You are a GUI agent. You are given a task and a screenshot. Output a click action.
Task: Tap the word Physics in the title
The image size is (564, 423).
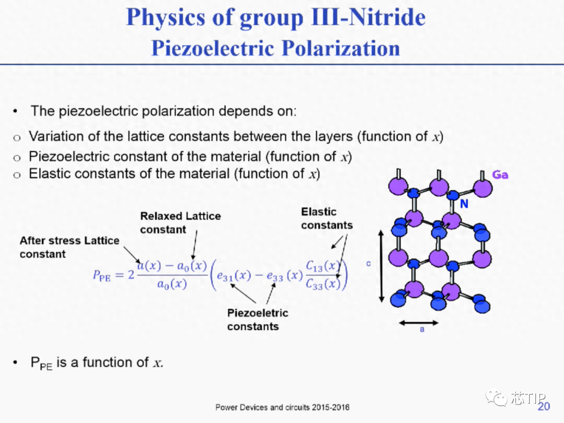click(166, 17)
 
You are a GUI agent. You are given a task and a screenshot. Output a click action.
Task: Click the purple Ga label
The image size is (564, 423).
click(500, 175)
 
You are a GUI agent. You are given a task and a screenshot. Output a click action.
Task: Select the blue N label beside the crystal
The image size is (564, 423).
click(464, 204)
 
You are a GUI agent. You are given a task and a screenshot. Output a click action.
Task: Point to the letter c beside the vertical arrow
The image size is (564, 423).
click(368, 264)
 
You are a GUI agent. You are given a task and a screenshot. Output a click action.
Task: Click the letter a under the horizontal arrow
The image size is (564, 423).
click(422, 329)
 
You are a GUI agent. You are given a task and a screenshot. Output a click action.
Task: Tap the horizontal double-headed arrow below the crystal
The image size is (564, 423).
click(419, 323)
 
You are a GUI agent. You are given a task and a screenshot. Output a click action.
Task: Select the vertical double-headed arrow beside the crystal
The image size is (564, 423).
click(382, 266)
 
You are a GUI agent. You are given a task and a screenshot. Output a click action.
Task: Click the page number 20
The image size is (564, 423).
click(544, 406)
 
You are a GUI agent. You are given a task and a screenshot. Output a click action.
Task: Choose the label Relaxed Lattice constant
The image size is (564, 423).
click(180, 222)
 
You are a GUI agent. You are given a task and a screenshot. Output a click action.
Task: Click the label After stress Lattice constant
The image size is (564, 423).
click(69, 247)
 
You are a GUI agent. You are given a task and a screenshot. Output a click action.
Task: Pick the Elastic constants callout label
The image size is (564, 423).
click(326, 218)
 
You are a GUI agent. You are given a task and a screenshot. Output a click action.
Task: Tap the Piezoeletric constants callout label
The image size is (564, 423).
click(257, 320)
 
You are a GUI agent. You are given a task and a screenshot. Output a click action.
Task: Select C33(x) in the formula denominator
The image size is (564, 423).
click(323, 284)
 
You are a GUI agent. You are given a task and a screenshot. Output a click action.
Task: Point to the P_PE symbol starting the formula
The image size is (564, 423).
click(102, 276)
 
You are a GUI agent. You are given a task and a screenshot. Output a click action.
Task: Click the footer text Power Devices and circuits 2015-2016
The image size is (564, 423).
click(283, 407)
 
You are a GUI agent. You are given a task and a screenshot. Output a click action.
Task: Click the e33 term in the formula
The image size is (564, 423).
click(275, 276)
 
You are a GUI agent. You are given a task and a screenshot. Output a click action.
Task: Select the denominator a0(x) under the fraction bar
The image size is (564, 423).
click(172, 284)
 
